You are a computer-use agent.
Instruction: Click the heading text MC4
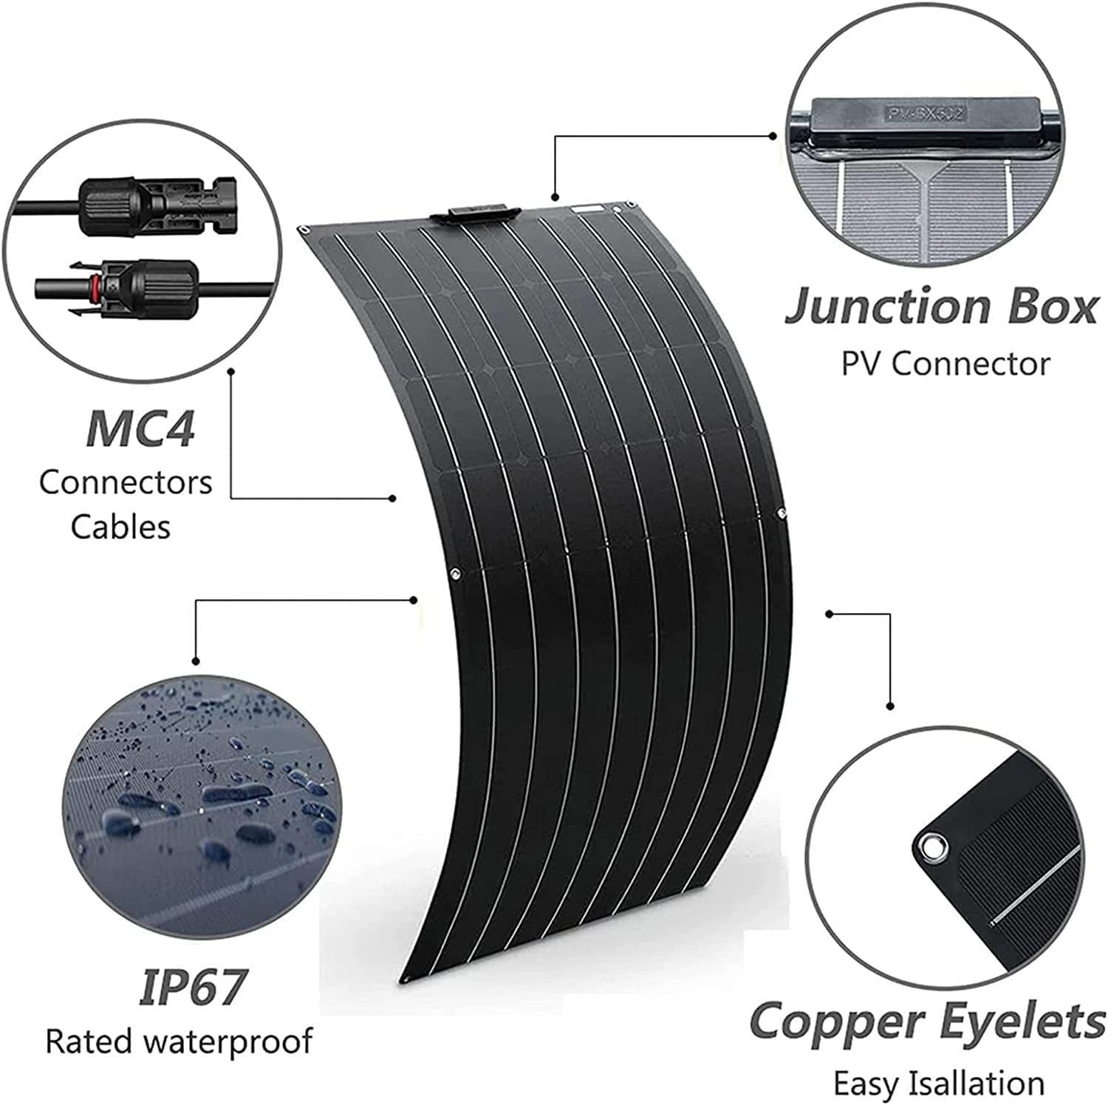pos(140,428)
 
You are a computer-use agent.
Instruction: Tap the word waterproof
pos(229,1041)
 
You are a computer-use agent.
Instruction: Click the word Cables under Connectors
pos(120,527)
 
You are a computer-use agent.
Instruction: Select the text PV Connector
pos(945,363)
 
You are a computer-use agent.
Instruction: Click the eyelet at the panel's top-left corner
pos(304,231)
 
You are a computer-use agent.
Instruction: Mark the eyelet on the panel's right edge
pos(780,512)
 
